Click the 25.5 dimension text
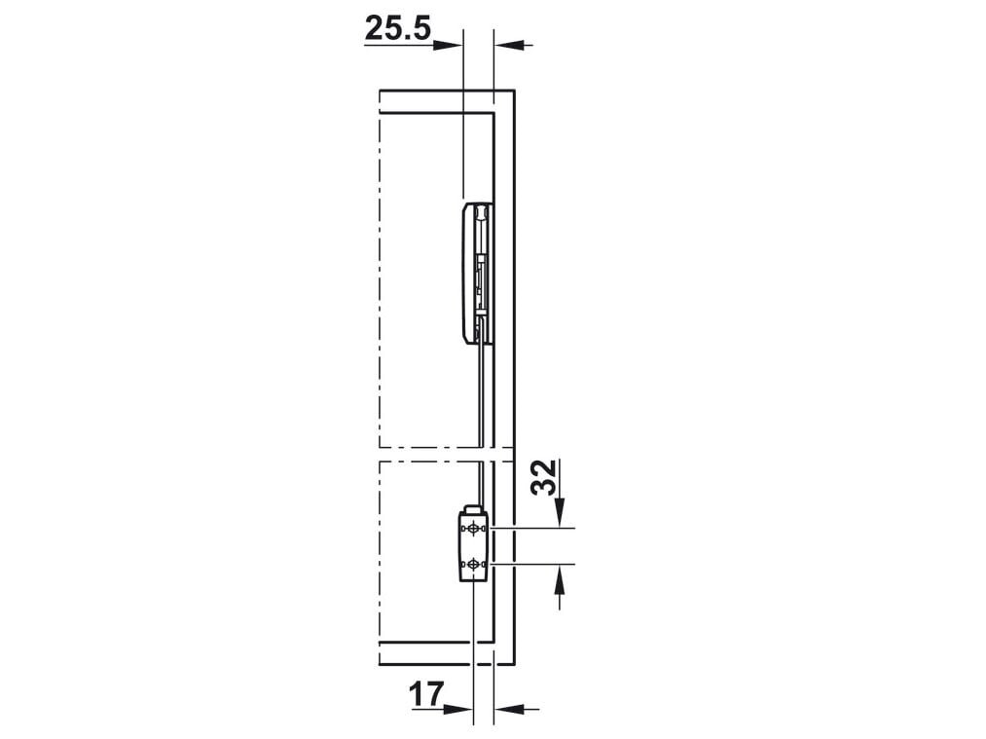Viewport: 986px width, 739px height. coord(397,28)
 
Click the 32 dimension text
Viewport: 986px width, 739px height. coord(549,477)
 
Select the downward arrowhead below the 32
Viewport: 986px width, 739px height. coord(560,515)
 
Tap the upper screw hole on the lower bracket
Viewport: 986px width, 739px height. coord(473,528)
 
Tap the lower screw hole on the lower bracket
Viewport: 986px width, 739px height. coord(473,564)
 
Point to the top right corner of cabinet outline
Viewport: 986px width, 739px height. coord(514,90)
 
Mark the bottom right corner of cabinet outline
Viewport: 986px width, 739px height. coord(514,666)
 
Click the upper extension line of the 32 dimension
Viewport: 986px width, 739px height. coord(535,528)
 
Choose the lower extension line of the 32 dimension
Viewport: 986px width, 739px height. coord(535,564)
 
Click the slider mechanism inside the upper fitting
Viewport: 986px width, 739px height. coord(482,277)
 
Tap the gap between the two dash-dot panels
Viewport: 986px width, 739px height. coord(438,454)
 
